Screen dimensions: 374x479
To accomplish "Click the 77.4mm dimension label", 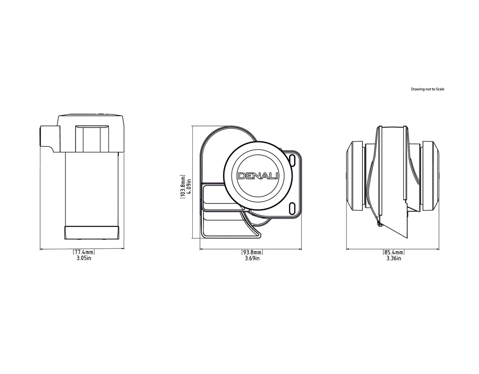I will pos(84,252).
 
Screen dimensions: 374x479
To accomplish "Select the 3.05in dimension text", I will pos(84,258).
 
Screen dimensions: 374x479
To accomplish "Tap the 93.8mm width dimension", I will pos(252,252).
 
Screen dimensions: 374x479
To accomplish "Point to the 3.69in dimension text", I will pos(252,258).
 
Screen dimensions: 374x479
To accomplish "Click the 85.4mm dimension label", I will pos(394,252).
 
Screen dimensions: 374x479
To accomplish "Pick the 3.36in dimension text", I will pos(394,258).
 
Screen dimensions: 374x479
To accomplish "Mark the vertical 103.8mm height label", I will pos(182,186).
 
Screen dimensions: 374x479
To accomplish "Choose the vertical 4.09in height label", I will pos(188,186).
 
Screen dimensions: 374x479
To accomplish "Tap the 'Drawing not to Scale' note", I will pos(428,89).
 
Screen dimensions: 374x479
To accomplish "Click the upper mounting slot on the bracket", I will pos(293,161).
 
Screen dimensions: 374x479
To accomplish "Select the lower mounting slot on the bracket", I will pos(293,207).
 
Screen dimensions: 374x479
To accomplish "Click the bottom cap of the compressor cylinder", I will pos(92,232).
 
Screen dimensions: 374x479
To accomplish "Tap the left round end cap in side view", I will pos(355,176).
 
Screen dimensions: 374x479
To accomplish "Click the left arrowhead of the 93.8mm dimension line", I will pos(201,250).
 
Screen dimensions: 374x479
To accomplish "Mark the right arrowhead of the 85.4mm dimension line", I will pos(439,250).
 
